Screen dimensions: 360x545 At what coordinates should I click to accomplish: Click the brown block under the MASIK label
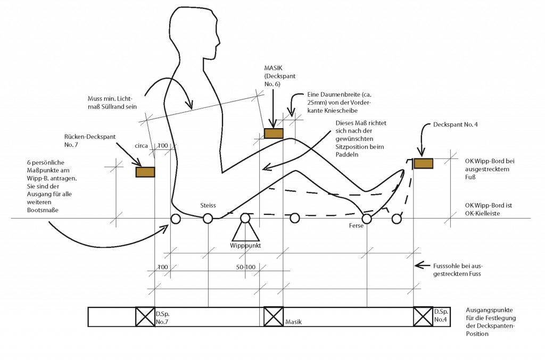[274, 133]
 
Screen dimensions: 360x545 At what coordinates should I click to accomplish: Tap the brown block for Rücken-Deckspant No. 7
[145, 172]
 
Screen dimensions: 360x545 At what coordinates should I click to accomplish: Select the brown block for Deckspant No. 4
[424, 164]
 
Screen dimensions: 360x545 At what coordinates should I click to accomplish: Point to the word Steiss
[208, 205]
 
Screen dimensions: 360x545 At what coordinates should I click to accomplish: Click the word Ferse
[356, 226]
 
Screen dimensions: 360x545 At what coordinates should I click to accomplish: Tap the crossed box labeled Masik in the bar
[274, 316]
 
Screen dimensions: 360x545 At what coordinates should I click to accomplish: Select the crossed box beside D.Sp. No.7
[145, 316]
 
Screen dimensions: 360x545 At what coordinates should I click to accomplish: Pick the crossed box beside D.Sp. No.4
[423, 316]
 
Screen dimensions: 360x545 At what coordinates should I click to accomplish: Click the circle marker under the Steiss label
[208, 218]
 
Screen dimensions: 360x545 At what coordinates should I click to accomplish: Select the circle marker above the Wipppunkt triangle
[245, 218]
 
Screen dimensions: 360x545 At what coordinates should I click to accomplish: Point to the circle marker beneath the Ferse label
[366, 218]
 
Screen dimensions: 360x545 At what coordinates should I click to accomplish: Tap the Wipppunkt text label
[245, 246]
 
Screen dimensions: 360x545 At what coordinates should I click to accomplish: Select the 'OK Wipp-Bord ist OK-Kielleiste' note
[487, 209]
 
